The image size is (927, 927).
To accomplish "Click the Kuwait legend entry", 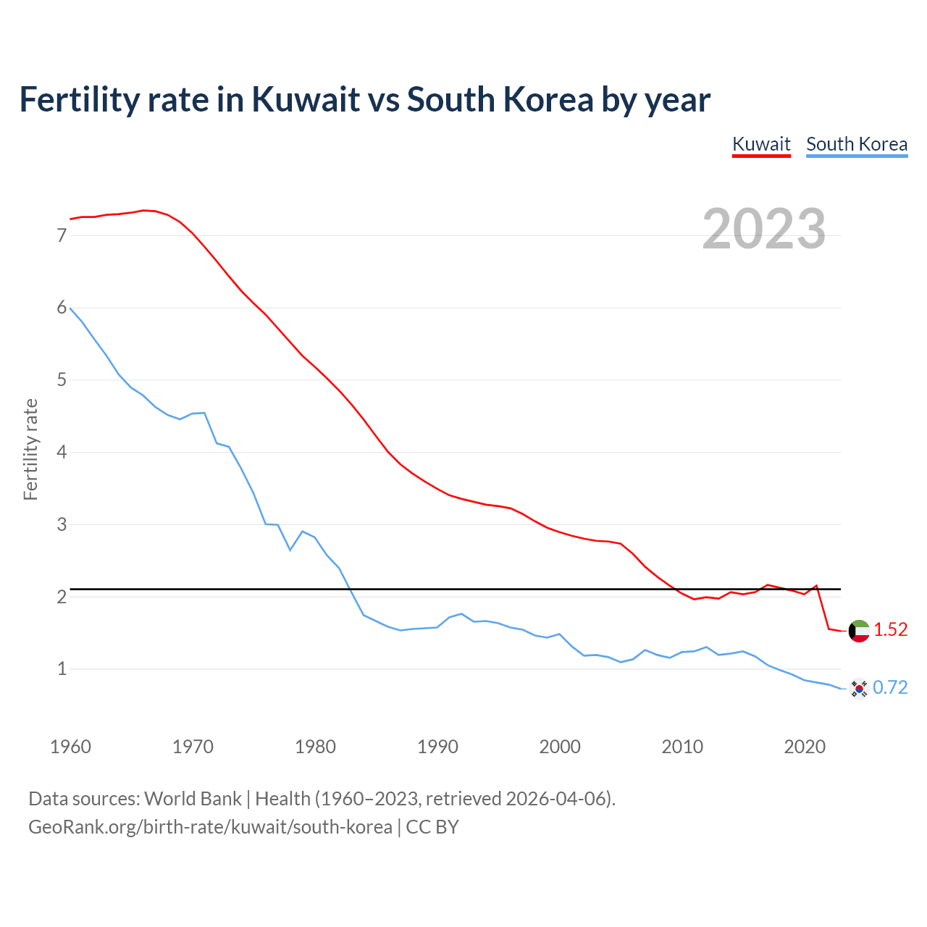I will tap(761, 144).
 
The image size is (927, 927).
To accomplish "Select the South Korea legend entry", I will tap(857, 144).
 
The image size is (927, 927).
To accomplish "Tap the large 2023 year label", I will tap(764, 229).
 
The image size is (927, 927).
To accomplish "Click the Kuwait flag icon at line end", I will tap(859, 631).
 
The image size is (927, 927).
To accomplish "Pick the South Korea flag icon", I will tap(859, 688).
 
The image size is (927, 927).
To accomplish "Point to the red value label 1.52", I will tap(890, 630).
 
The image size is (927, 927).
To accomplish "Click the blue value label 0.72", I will tap(890, 687).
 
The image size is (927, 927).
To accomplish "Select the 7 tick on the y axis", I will tap(62, 235).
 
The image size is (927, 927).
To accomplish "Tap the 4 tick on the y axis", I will tap(62, 452).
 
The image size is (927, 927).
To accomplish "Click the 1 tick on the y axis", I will tap(62, 668).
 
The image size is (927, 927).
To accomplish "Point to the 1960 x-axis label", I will tap(70, 747).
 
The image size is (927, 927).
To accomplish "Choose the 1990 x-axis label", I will tap(437, 747).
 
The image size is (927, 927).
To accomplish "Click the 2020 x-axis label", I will tap(805, 747).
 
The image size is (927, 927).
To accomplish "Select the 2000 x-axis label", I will tap(560, 747).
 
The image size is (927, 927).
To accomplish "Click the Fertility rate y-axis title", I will tap(30, 449).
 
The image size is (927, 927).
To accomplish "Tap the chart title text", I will tap(365, 99).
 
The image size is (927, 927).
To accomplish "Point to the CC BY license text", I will tap(432, 827).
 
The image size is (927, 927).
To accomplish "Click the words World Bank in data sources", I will tap(193, 799).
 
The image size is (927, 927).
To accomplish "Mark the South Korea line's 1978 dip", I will tap(290, 550).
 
